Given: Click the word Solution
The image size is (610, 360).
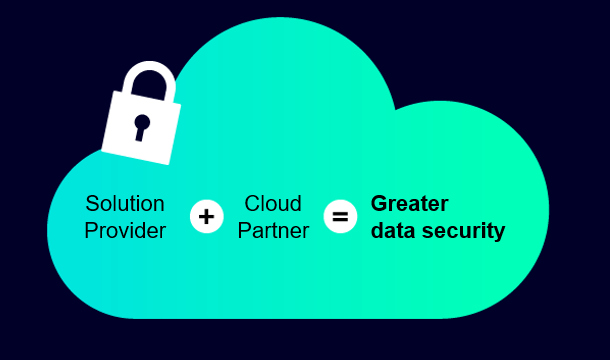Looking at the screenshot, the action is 125,204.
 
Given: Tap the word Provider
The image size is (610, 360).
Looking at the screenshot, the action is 125,231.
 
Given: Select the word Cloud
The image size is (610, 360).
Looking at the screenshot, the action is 273,204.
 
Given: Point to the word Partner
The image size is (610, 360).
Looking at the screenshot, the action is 273,231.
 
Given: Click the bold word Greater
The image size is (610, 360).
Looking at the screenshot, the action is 410,204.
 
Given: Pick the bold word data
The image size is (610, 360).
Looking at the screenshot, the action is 394,230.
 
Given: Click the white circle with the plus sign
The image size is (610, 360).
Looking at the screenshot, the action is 207,216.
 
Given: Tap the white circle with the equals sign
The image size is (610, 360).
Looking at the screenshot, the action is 340,216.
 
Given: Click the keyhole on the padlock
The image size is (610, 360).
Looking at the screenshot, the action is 141,127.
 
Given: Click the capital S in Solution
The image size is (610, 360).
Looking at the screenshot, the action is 92,204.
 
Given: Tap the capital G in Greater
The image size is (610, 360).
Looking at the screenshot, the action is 380,204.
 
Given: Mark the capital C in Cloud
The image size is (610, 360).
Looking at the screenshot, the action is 253,204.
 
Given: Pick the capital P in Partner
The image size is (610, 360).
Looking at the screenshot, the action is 244,231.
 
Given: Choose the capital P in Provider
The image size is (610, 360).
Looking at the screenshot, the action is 91,231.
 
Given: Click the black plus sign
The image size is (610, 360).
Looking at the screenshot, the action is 207,216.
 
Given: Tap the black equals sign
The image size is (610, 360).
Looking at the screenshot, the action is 340,216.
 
